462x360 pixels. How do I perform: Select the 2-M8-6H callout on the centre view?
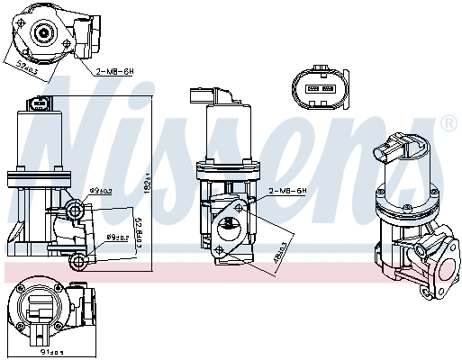point(288,190)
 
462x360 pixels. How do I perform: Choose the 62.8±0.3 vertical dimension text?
point(136,227)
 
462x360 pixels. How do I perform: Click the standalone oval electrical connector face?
point(314,88)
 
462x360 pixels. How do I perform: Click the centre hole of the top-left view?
point(43,35)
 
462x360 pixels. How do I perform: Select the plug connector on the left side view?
point(39,105)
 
